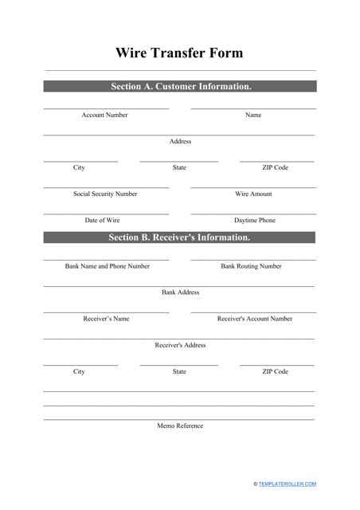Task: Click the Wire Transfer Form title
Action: [x=180, y=53]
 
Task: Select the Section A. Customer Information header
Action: [x=180, y=86]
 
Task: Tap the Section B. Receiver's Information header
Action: [x=180, y=237]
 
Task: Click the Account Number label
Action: [x=104, y=116]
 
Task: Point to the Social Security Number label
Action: [x=105, y=194]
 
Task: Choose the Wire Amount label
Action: [x=253, y=194]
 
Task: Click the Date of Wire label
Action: [x=104, y=220]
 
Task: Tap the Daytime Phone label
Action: [x=254, y=220]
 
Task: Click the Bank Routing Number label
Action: [x=251, y=266]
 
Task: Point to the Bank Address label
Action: [x=180, y=292]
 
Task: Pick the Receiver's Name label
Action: [x=106, y=319]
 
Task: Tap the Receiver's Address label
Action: [x=180, y=345]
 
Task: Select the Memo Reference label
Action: [x=180, y=426]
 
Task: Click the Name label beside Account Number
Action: [x=253, y=116]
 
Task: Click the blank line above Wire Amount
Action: [x=253, y=187]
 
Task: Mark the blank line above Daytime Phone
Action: [x=253, y=214]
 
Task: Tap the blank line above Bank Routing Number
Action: [x=253, y=260]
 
